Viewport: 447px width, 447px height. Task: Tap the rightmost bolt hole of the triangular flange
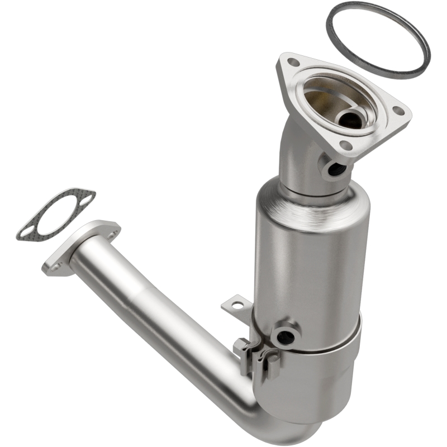point(398,111)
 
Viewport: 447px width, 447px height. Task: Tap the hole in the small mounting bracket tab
point(239,305)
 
